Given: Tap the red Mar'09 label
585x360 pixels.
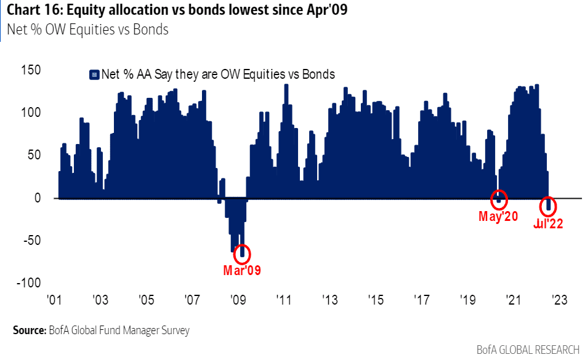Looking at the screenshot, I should coord(242,270).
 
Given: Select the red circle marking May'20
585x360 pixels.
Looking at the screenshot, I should coord(499,199).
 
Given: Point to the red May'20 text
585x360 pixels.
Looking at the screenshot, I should coord(498,217).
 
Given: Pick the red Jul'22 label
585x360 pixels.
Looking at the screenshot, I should coord(548,225).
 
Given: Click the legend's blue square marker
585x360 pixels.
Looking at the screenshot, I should coord(94,75).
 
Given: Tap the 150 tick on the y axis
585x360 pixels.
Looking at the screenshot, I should coord(30,70).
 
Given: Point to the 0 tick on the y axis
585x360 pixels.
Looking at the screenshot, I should coord(37,198).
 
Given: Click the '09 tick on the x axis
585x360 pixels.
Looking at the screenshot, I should coord(238,300).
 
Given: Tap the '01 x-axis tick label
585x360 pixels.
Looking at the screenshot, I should coord(55,300).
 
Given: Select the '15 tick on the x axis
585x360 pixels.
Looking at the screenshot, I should coord(375,300).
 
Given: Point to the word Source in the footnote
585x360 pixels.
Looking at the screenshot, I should coord(28,330).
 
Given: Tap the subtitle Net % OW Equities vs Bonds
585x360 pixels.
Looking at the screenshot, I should coord(87,29).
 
